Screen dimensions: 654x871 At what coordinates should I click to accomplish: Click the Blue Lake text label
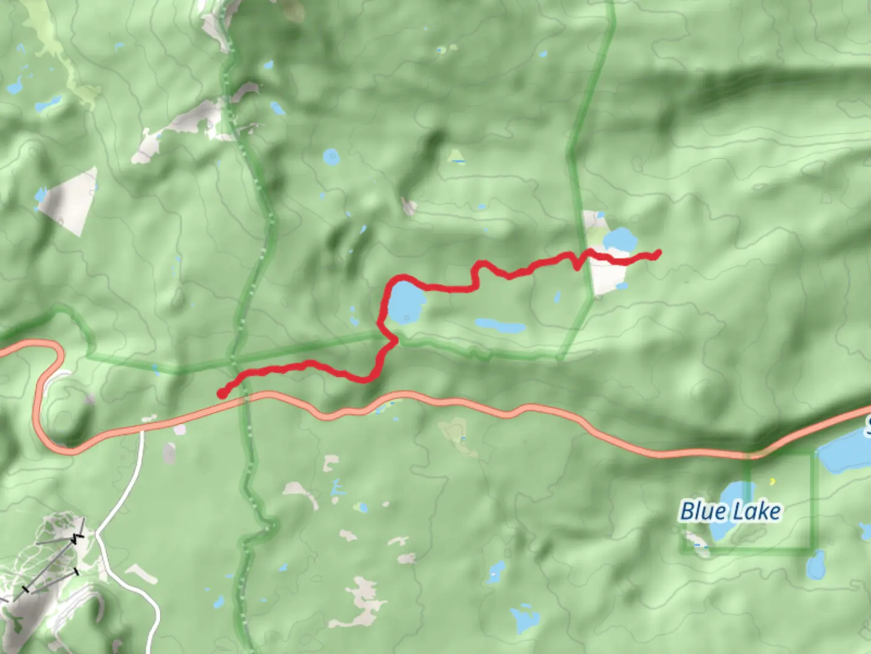tap(730, 512)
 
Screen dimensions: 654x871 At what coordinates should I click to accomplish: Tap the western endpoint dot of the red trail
tap(222, 394)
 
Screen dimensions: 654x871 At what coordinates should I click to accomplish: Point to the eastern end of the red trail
tap(657, 253)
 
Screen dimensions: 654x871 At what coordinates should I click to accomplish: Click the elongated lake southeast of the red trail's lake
tap(501, 326)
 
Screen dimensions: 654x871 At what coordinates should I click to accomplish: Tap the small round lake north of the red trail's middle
tap(331, 157)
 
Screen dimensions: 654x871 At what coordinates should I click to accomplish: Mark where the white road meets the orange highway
tap(143, 431)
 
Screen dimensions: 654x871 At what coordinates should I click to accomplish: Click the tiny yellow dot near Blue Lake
tap(772, 482)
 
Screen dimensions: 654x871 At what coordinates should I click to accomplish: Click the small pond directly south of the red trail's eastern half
tap(557, 297)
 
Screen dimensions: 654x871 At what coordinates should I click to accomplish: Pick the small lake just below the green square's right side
tap(816, 566)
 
